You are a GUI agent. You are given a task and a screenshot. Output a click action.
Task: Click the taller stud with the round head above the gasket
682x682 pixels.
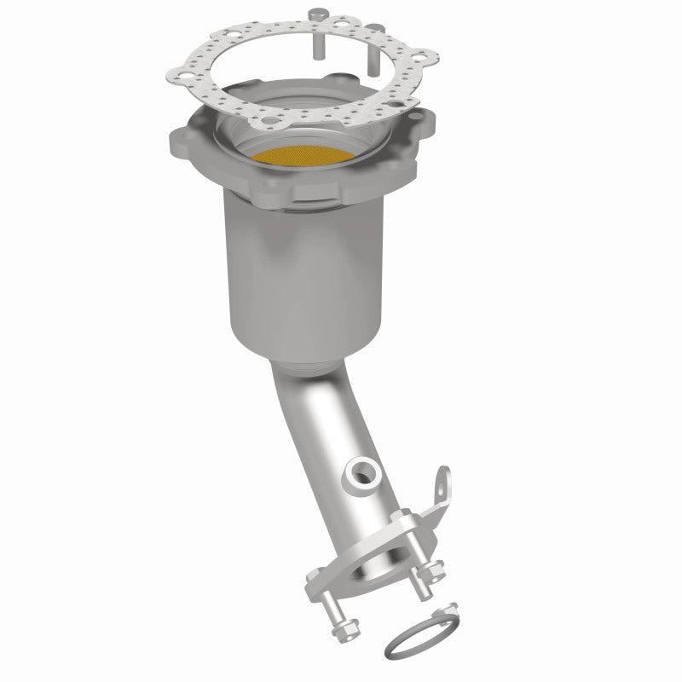coord(317,34)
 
